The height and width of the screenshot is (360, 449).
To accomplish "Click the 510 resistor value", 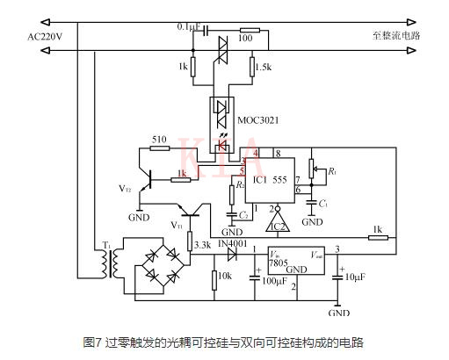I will click(159, 140).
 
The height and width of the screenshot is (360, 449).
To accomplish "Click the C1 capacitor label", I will click(323, 204).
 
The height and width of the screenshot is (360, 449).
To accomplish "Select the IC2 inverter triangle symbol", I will click(278, 224).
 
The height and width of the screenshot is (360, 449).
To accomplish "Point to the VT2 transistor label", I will click(125, 189).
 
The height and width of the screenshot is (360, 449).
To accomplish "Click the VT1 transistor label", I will click(177, 226).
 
